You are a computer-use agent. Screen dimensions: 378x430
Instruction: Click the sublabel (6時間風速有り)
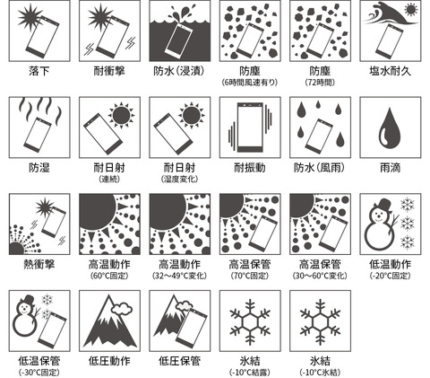[x=248, y=83]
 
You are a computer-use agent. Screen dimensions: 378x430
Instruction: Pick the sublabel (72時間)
[x=318, y=83]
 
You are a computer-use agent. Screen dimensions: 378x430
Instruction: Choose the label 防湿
[x=39, y=167]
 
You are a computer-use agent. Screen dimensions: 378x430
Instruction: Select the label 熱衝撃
[x=39, y=264]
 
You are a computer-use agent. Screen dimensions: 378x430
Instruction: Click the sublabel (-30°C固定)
[x=39, y=372]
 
